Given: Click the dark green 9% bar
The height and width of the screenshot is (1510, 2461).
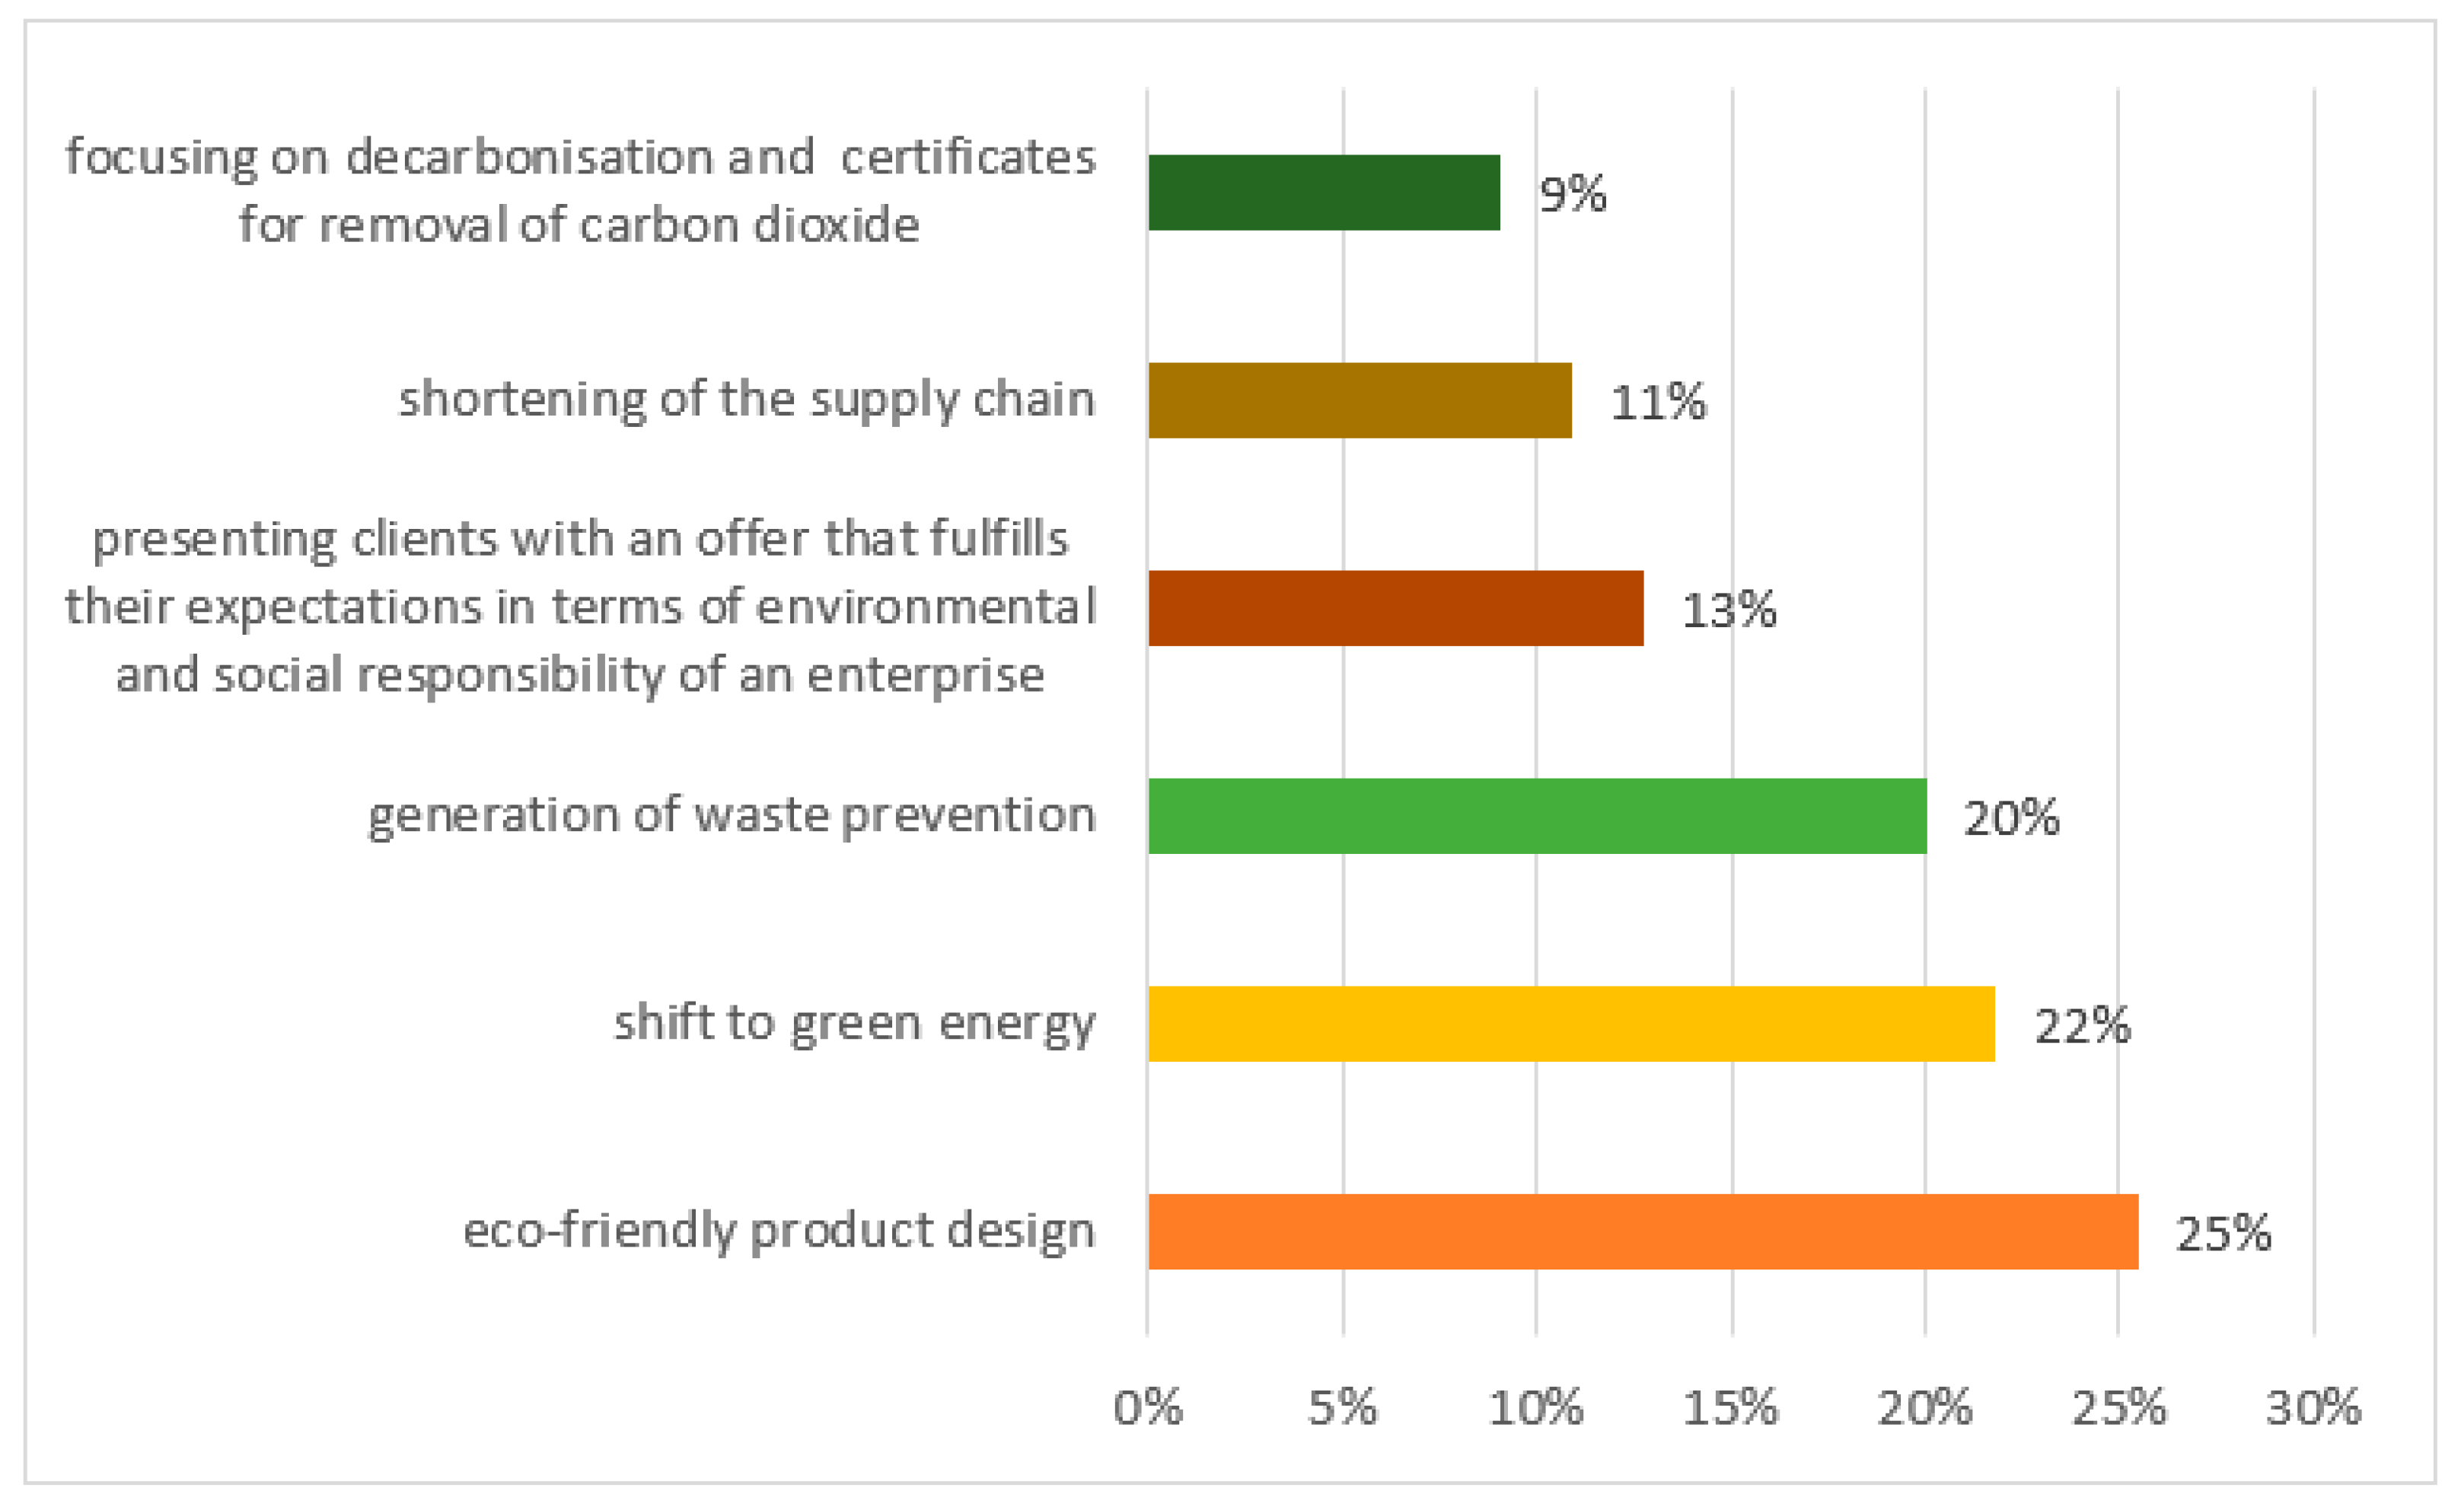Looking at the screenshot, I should point(1324,193).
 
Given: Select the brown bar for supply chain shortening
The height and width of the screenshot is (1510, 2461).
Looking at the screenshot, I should point(1360,400).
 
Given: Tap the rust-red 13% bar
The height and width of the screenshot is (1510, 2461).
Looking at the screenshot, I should point(1395,608).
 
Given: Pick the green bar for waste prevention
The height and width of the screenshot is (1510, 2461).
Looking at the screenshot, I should point(1537,816).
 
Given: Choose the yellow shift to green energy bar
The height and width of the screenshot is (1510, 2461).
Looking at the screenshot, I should point(1571,1024).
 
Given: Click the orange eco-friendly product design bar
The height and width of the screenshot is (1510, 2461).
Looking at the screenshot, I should point(1643,1231).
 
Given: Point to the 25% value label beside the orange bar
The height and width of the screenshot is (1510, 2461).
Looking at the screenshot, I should point(2224,1234).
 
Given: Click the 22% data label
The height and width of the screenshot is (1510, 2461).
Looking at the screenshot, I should point(2083,1026).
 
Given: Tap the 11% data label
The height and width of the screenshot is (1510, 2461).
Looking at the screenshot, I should point(1658,403).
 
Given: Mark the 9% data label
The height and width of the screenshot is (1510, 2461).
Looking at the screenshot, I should point(1573,194).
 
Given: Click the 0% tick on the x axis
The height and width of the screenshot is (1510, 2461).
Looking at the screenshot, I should point(1148,1408).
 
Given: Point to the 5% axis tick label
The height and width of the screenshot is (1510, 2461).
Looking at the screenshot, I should point(1342,1408).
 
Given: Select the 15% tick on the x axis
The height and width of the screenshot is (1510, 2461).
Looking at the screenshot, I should point(1731,1408).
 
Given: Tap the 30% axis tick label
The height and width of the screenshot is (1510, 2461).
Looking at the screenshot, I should point(2313,1408).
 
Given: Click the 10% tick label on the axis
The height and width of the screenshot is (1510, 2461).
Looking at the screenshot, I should point(1536,1408).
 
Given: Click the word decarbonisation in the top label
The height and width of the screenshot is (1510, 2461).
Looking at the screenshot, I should point(529,157).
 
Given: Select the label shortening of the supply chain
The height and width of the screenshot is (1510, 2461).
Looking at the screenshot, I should point(747,400).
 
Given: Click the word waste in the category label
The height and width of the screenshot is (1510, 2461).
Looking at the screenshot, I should point(761,815).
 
